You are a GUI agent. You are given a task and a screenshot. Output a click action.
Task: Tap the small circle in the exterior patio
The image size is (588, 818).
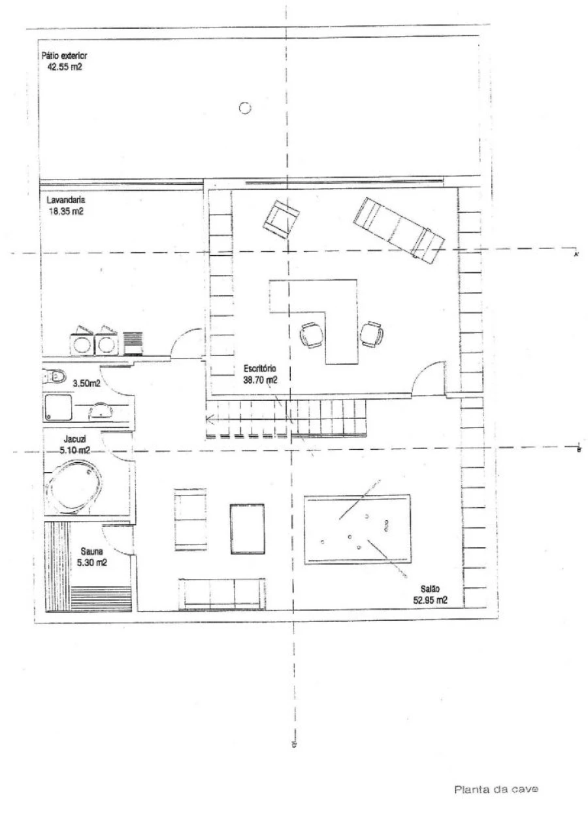coord(245,108)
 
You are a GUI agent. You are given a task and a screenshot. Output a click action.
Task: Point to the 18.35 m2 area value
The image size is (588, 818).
coord(65,212)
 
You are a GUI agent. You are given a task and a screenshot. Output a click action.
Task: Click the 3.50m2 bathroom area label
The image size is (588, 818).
coord(87,383)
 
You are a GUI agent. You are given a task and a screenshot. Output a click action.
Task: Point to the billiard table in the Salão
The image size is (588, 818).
coord(357,529)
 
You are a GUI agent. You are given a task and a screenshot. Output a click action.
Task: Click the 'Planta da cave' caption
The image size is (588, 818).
coord(497,789)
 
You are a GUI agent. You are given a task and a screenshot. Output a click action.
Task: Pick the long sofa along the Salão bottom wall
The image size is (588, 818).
coord(222,593)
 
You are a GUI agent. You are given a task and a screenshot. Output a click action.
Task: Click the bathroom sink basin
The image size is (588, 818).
coord(100,411)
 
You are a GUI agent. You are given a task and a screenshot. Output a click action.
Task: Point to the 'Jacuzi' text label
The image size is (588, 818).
coord(73,439)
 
